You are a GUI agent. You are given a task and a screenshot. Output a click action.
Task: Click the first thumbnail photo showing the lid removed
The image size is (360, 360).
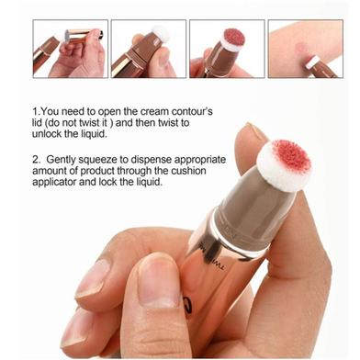click(71, 49)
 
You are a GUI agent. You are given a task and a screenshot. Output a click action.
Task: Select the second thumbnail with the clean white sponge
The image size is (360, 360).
click(149, 49)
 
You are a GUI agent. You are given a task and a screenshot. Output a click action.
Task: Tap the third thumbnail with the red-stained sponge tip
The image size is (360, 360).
click(227, 49)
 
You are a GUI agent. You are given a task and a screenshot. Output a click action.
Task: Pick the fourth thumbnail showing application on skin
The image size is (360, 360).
click(306, 49)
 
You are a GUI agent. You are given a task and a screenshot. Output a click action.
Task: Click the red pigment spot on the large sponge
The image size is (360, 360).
click(291, 156)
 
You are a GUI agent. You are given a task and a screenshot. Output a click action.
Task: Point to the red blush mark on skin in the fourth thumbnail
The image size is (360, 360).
click(301, 49)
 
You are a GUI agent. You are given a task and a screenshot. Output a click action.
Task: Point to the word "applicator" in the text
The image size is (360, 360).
click(54, 182)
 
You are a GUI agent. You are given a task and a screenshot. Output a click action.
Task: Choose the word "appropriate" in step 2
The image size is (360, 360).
click(200, 160)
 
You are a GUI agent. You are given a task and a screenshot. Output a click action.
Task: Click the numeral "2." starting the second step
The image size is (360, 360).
click(36, 160)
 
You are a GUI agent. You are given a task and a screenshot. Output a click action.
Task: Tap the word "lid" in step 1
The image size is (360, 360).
click(36, 123)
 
